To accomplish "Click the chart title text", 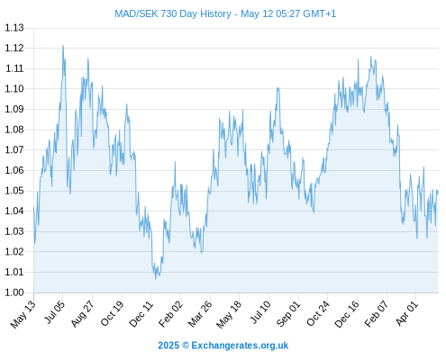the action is pos(225,13).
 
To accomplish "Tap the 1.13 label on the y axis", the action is pos(14,28).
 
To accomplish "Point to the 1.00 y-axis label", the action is pos(14,292).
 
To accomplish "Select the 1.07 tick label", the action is pos(14,149).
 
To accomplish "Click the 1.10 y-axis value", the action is pos(14,88).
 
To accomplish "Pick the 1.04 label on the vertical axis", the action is pos(14,211).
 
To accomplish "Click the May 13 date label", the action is pos(23,314).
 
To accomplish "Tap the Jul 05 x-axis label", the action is pos(54,312).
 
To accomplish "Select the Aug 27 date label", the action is pos(82,313).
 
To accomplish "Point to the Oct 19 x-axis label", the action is pos(112,313).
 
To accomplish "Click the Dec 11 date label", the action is pos(141,314).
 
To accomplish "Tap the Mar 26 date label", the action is pos(200,314).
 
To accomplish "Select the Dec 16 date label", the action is pos(347,314).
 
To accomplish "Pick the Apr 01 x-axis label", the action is pos(406,313).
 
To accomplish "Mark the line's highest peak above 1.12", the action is pos(63,45).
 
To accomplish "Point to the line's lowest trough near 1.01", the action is pos(156,279).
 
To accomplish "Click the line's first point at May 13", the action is pos(33,207).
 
